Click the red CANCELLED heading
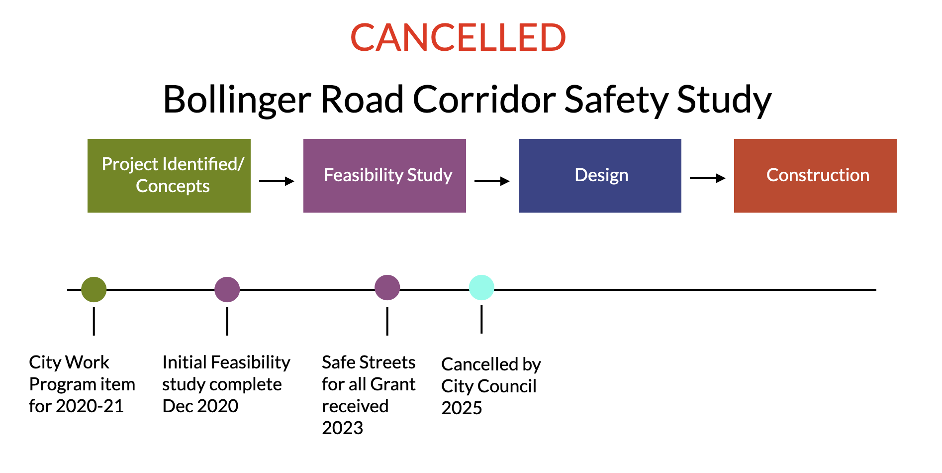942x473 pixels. [x=458, y=37]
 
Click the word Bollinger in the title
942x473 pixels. [x=237, y=100]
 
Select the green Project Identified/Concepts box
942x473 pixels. [x=169, y=176]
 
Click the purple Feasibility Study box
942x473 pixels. [x=384, y=176]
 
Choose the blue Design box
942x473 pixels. [x=600, y=176]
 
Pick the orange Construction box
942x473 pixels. [x=815, y=176]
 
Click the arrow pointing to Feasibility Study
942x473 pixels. [x=277, y=181]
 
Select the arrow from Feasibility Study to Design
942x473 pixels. [x=492, y=181]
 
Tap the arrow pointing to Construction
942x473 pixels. [x=708, y=178]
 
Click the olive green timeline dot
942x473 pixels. [x=94, y=289]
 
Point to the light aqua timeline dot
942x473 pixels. [x=481, y=287]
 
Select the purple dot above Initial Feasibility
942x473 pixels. [x=227, y=289]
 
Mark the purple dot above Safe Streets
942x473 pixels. [x=387, y=287]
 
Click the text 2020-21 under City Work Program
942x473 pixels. [x=90, y=406]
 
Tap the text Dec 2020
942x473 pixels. [x=200, y=406]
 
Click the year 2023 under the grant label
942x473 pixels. [x=343, y=428]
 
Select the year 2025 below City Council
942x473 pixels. [x=462, y=408]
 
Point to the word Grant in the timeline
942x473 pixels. [x=393, y=384]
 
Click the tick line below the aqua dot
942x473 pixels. [x=481, y=319]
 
